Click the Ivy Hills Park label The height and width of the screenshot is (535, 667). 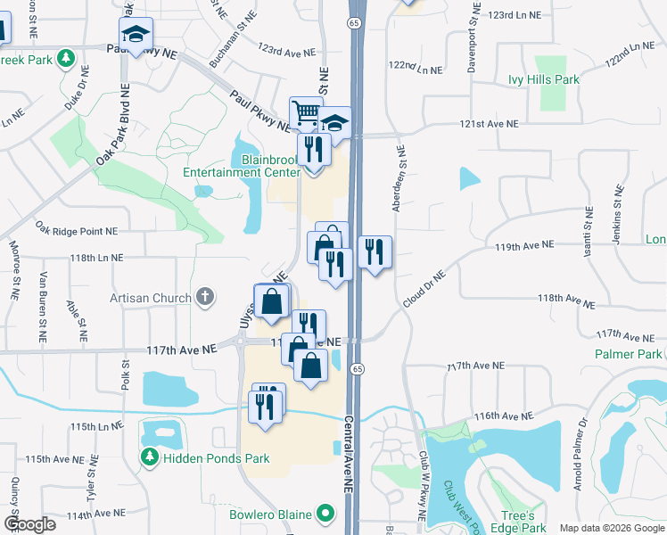543,80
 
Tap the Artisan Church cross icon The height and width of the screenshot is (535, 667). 205,298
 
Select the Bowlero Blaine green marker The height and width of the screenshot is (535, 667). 326,514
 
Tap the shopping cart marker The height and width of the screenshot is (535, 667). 305,113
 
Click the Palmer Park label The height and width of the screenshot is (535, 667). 628,355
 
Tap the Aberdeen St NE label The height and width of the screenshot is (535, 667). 398,178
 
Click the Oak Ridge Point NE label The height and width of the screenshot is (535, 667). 77,231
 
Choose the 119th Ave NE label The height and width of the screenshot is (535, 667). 525,243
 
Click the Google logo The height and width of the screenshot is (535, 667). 29,524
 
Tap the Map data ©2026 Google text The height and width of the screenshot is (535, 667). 611,528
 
